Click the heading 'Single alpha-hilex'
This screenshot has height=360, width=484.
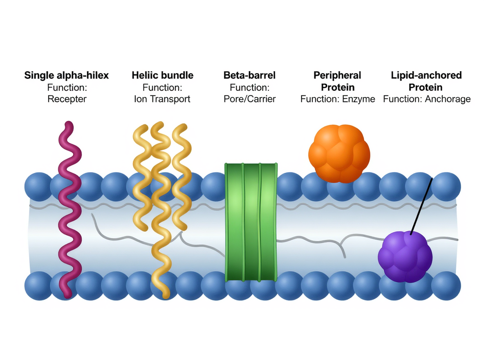(67, 75)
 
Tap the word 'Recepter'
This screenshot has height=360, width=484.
(67, 99)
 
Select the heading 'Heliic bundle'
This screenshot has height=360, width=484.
(162, 75)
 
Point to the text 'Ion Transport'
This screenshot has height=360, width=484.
(162, 99)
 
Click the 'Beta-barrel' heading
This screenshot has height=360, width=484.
(249, 75)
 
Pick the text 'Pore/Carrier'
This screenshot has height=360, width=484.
(249, 99)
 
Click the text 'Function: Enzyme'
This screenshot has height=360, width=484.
(337, 99)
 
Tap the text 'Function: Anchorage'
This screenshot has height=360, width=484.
(427, 99)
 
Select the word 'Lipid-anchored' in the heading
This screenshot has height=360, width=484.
(427, 75)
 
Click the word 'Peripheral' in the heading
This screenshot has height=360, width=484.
(337, 75)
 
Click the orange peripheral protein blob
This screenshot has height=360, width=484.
(339, 153)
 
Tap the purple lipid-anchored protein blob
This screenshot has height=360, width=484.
(405, 256)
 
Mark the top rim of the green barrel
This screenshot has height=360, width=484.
(251, 164)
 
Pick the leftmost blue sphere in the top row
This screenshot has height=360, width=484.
(37, 187)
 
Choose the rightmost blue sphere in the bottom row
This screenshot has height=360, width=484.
(446, 286)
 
